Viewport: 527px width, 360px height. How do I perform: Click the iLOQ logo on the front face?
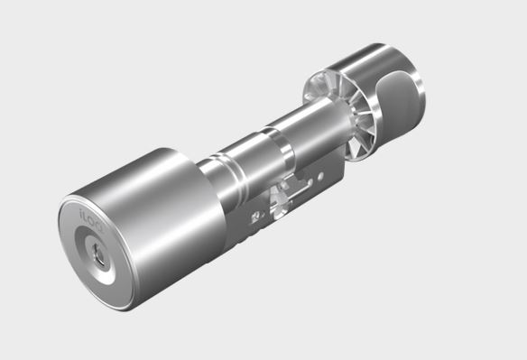(93, 219)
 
